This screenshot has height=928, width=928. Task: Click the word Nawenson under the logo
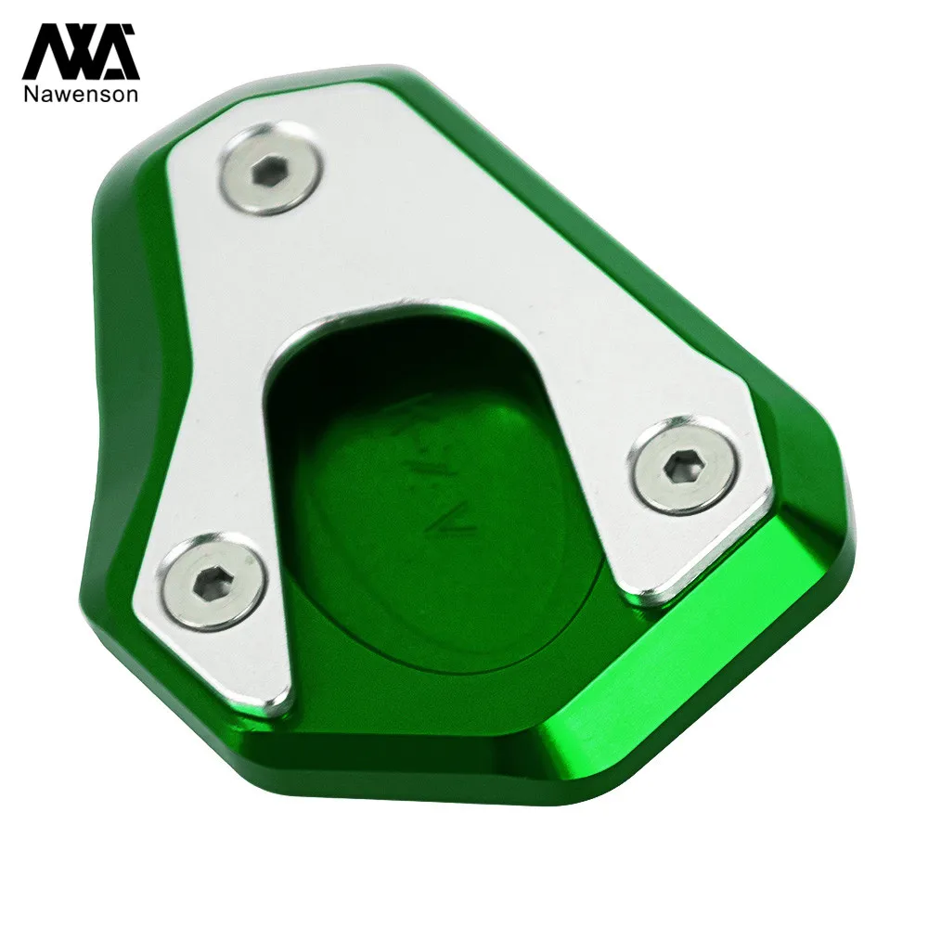(81, 94)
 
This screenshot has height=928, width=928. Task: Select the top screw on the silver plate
(272, 169)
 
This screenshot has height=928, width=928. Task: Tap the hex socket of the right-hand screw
(686, 465)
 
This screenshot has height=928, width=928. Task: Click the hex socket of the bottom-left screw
(208, 583)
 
